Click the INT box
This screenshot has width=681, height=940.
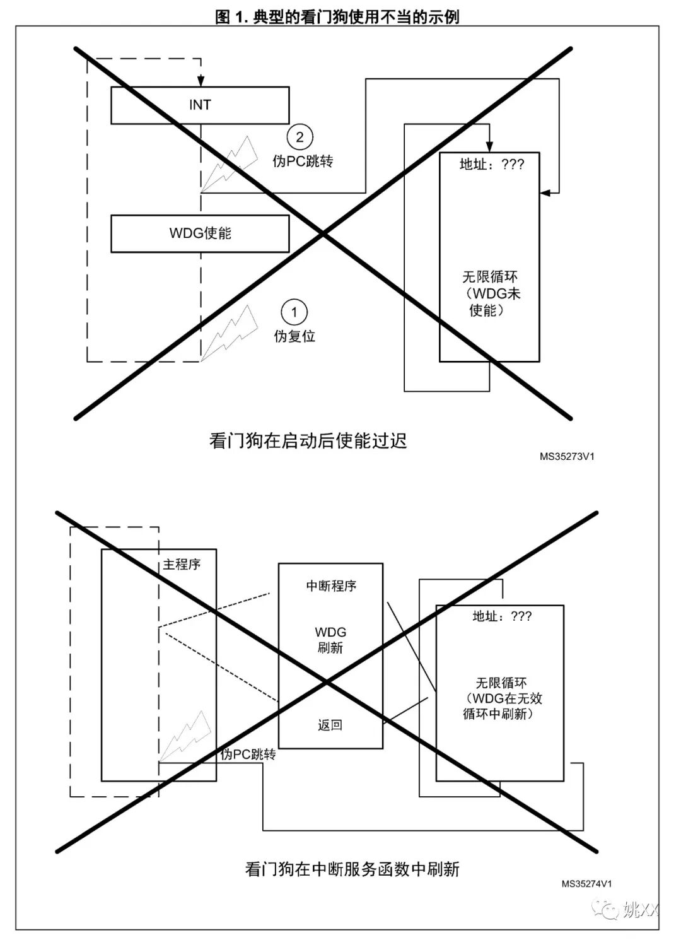[200, 105]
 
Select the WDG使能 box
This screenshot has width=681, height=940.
[200, 233]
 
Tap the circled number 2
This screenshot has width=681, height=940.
[300, 137]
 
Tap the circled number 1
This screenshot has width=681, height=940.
[294, 312]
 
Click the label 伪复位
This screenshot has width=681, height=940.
[294, 336]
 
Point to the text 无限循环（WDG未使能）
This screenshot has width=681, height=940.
[491, 293]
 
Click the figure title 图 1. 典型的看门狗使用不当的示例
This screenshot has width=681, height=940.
[337, 17]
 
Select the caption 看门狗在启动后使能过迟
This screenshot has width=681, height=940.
[308, 440]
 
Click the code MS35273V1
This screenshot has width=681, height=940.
[566, 456]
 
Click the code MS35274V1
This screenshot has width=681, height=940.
[586, 884]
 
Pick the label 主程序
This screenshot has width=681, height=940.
[182, 565]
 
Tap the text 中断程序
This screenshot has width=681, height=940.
[331, 586]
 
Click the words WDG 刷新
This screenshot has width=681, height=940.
[330, 640]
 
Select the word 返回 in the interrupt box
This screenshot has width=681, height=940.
[330, 726]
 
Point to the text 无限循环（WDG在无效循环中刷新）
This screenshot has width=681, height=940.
[501, 698]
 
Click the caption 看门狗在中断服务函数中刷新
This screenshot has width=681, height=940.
[352, 869]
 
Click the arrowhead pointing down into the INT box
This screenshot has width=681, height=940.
[201, 81]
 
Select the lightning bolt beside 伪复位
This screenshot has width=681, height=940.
[230, 332]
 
